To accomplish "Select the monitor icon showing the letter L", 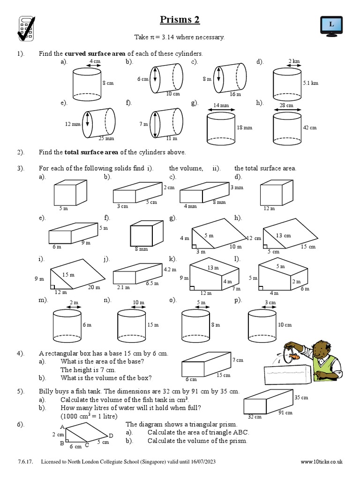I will (x=331, y=24).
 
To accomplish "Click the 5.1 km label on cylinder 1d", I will (x=310, y=83).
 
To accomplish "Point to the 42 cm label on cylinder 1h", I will (x=309, y=127).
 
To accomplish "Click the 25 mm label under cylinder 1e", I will (x=106, y=139).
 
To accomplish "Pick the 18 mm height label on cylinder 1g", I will (x=244, y=127).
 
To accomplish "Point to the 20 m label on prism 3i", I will (x=93, y=287).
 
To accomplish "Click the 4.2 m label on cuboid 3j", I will (x=169, y=270).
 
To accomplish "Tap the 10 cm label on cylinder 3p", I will (x=284, y=325).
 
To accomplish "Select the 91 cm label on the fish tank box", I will (x=285, y=412).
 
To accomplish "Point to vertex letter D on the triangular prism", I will (x=111, y=436).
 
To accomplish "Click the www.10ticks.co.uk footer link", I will (x=321, y=462).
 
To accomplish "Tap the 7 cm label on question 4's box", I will (x=238, y=360).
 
